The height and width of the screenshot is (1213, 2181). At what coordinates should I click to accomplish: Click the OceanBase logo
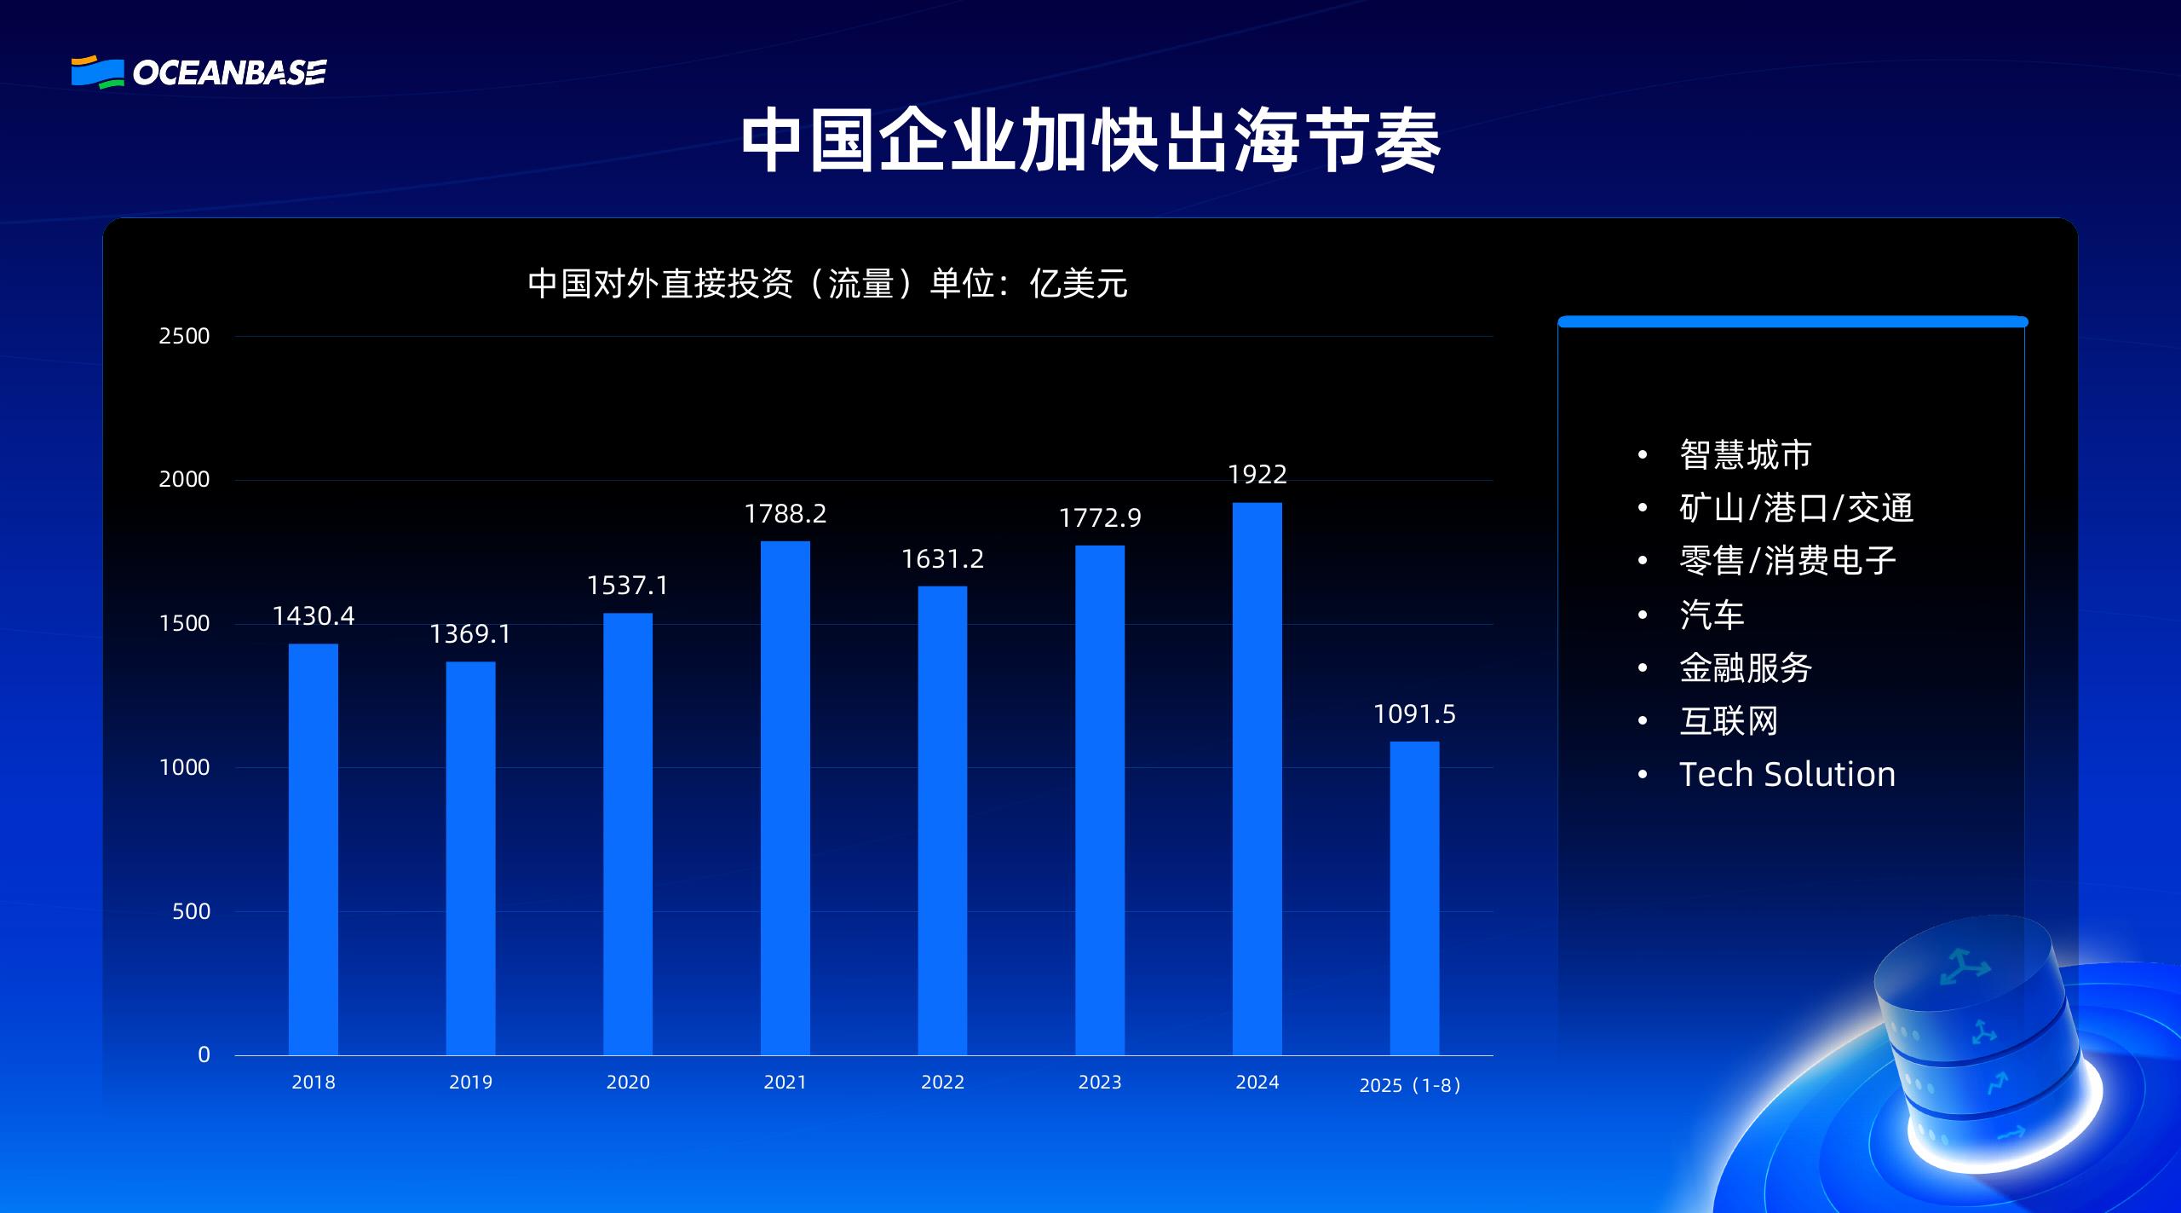199,72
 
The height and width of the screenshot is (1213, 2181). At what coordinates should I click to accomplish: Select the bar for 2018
313,848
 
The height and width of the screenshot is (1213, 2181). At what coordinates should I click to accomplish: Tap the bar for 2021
785,797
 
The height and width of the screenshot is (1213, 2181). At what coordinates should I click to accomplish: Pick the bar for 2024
1257,778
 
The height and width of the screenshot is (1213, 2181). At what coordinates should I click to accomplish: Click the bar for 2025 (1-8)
1414,898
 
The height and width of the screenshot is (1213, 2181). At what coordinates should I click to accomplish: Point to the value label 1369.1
470,634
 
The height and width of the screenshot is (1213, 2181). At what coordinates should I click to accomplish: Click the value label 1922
1257,475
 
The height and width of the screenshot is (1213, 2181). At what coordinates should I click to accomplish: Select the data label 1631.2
942,559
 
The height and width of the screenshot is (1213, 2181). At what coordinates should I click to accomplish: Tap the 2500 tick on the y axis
184,336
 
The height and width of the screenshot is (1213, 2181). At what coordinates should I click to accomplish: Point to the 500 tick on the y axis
191,911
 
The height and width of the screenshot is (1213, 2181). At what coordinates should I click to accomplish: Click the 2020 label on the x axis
628,1083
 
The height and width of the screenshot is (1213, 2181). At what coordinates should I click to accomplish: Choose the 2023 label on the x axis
1100,1083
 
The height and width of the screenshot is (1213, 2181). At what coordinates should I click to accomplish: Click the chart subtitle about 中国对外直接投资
827,284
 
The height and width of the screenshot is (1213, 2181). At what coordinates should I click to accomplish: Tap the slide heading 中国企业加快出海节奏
1090,142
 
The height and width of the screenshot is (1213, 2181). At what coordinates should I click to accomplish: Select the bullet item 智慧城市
1745,454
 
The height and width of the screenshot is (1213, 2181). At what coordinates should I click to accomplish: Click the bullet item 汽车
1712,615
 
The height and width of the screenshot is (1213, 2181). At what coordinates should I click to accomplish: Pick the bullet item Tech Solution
1787,774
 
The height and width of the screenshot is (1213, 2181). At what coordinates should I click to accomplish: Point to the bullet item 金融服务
1745,667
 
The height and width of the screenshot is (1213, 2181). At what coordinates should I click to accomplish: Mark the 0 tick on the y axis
204,1055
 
